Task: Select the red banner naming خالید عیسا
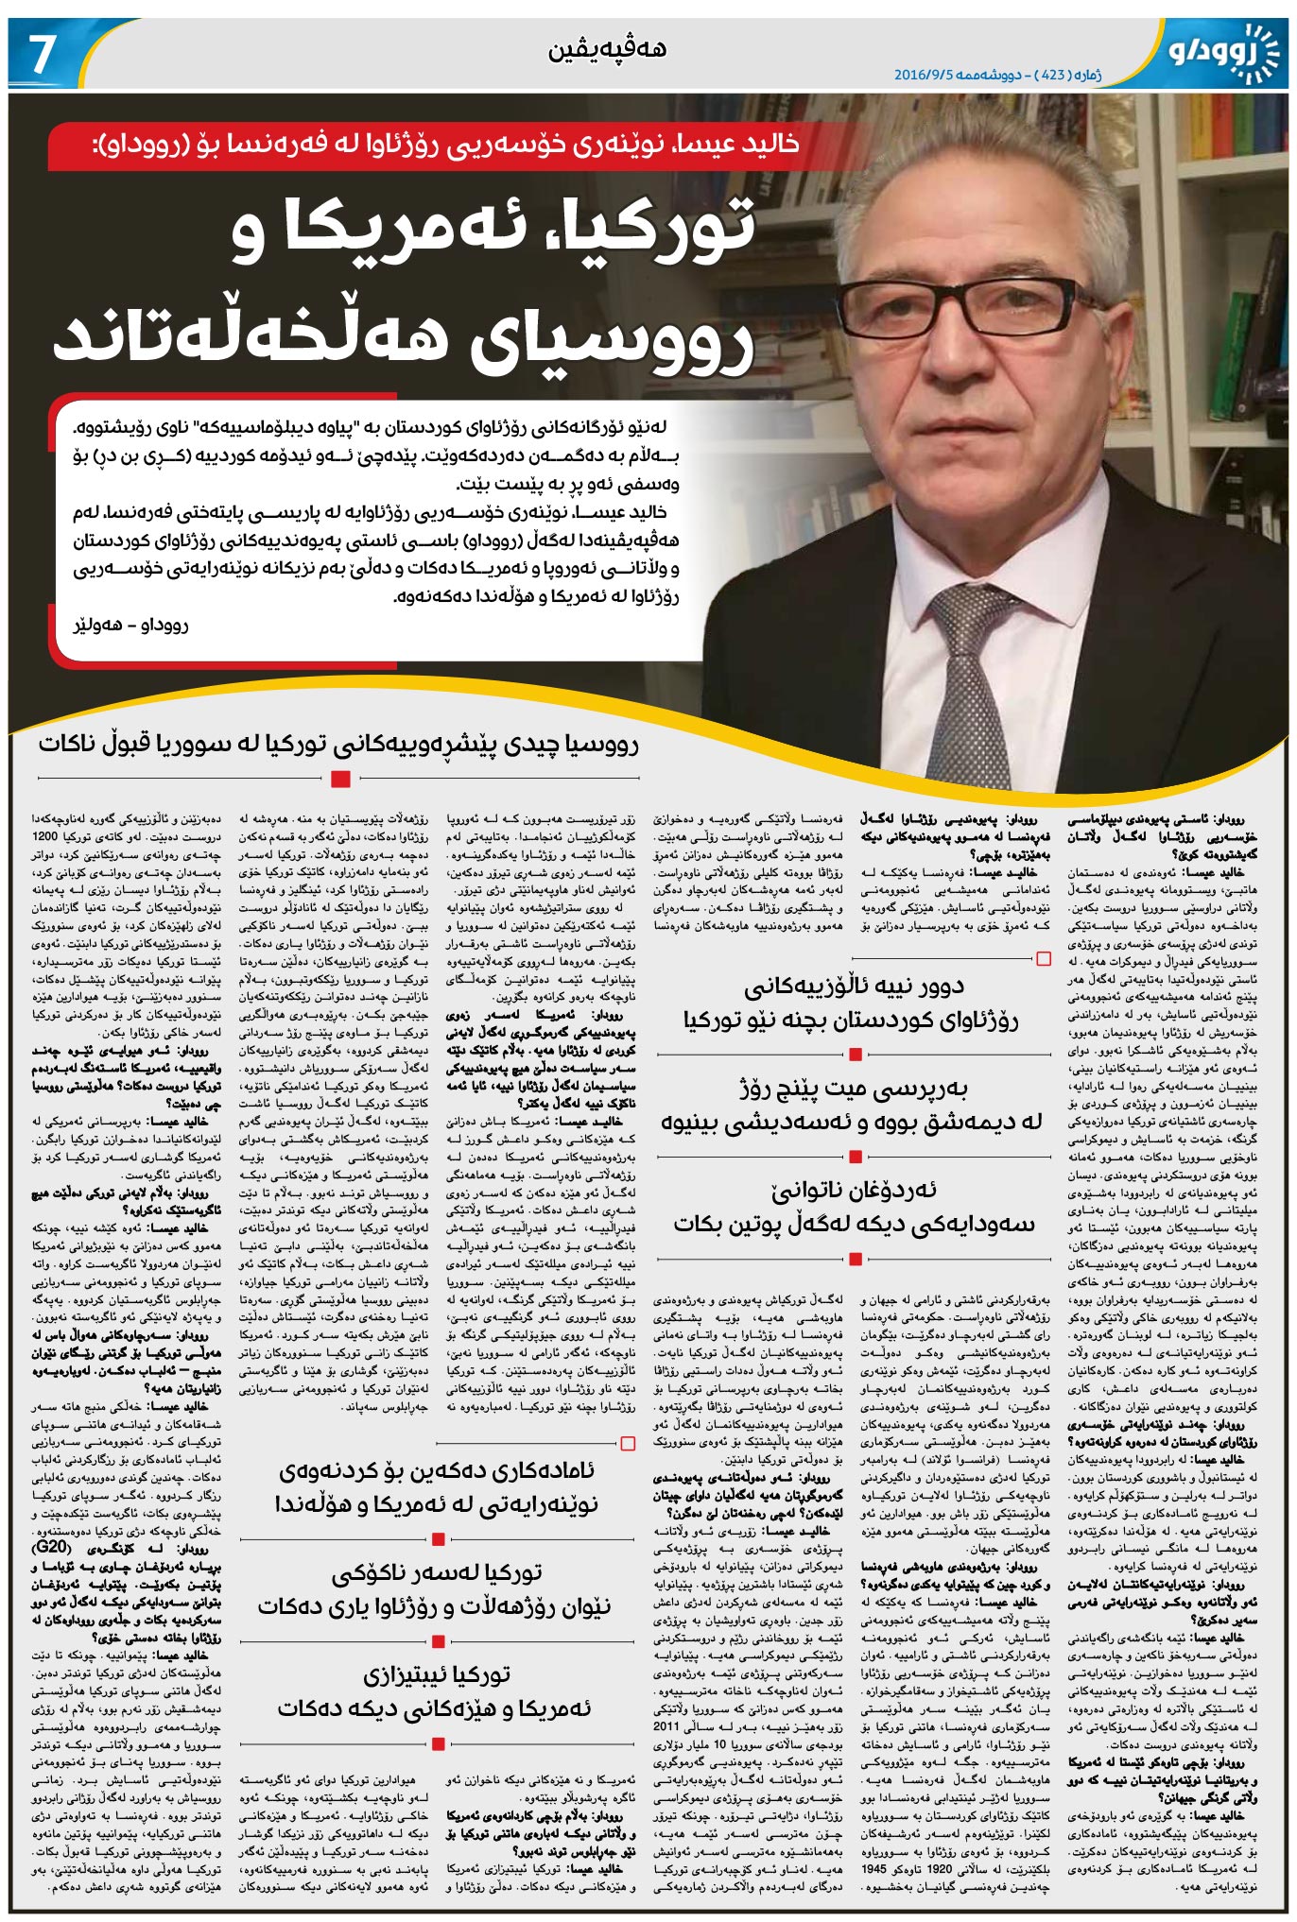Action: click(425, 145)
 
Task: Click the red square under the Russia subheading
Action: click(341, 779)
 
